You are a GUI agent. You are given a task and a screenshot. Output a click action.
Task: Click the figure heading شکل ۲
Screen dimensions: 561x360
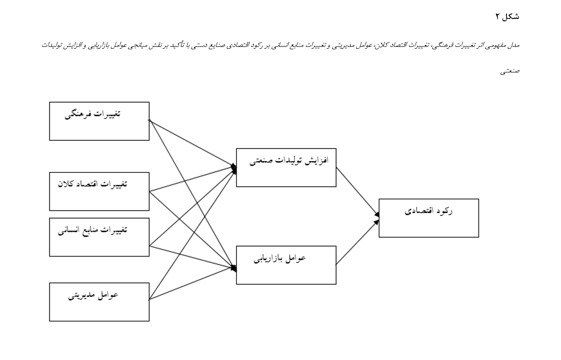point(507,17)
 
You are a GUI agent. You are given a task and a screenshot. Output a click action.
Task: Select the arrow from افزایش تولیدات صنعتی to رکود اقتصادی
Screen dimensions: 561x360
point(357,192)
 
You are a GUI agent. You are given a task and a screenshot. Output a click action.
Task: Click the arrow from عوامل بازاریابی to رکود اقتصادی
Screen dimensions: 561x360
point(357,242)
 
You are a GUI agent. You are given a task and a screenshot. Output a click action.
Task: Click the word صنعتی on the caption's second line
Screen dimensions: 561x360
point(510,71)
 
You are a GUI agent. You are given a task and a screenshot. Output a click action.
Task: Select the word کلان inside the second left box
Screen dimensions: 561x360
point(65,184)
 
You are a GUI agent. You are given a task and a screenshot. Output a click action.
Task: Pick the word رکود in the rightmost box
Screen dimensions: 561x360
point(444,211)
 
